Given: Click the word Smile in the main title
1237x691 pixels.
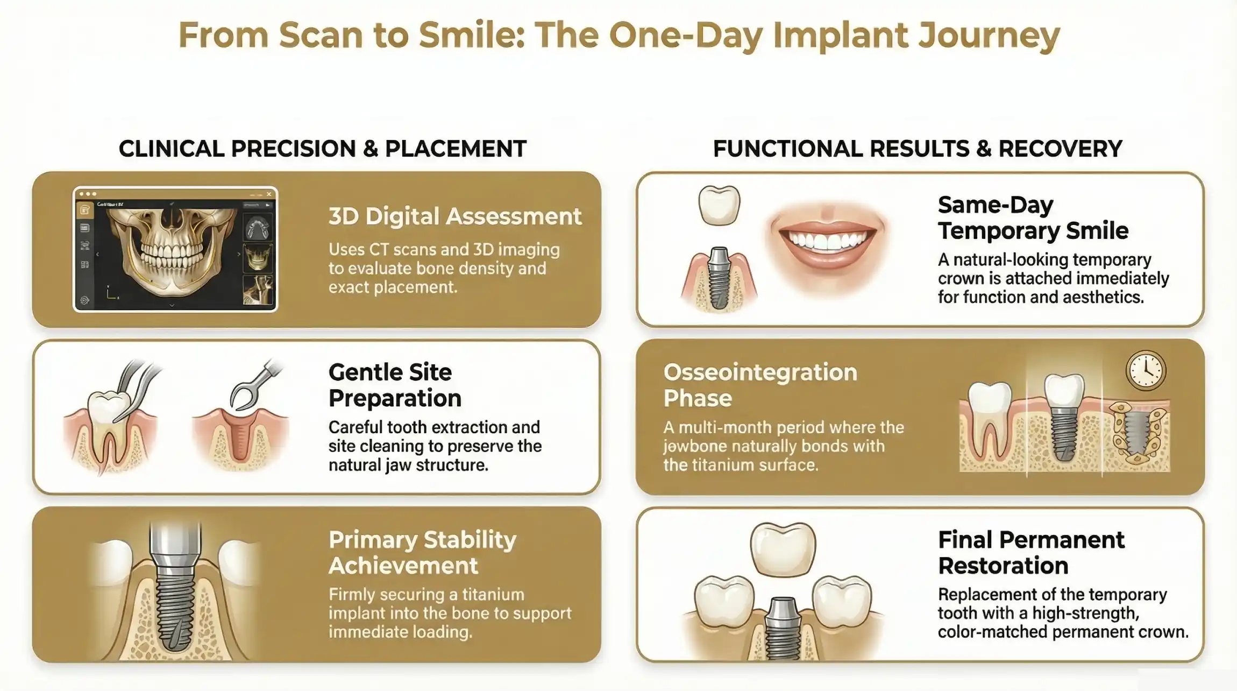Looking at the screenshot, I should tap(471, 35).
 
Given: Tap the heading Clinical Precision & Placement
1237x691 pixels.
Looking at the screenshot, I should tap(322, 149).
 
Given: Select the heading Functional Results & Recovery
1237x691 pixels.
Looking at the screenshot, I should tap(918, 149).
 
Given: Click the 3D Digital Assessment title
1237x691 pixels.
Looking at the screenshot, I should tap(455, 216).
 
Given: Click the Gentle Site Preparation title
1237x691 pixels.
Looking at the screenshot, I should tap(395, 385).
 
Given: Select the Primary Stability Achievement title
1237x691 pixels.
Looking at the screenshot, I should tap(422, 552).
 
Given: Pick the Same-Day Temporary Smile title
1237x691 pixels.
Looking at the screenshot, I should tap(1033, 217).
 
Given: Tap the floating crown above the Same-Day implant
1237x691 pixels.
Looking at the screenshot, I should tap(719, 205).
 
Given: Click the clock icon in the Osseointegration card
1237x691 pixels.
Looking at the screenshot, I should tap(1146, 370).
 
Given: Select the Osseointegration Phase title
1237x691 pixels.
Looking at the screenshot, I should tap(760, 385).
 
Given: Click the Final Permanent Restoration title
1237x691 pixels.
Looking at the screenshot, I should tap(1031, 552).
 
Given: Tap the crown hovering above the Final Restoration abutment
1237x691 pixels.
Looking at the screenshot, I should tap(783, 549).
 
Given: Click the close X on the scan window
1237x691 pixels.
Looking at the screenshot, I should tap(269, 194).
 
